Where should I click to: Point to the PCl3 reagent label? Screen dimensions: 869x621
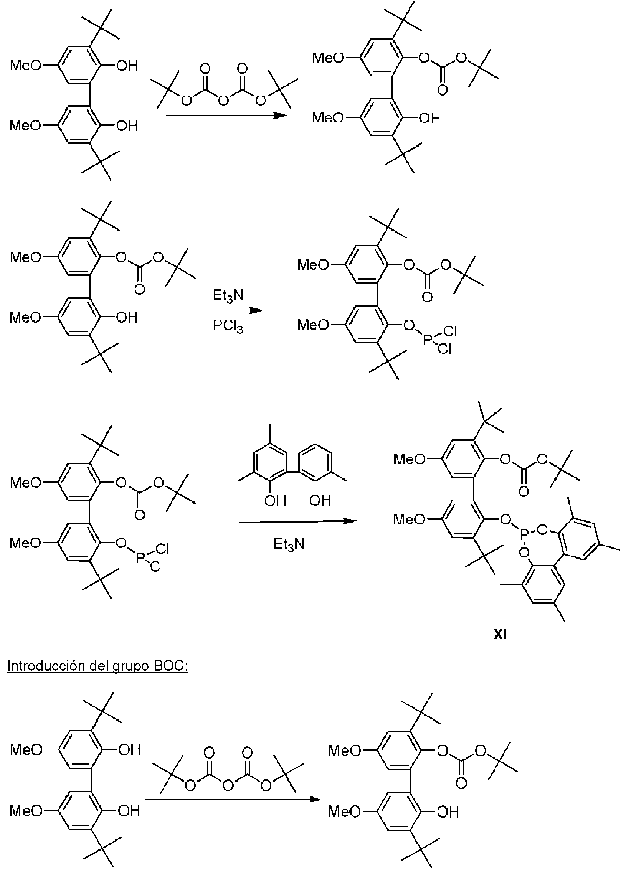228,326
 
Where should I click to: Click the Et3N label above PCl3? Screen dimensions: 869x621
228,296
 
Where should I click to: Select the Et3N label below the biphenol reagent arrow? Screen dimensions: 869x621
289,544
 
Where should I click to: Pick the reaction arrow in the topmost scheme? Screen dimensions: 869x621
226,115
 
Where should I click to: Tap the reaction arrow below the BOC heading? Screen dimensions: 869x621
233,800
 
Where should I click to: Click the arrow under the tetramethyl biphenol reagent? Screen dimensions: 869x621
297,521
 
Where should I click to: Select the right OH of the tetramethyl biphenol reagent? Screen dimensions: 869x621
320,500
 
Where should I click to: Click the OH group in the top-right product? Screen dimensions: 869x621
429,119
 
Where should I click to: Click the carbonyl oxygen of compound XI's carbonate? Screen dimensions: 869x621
523,491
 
